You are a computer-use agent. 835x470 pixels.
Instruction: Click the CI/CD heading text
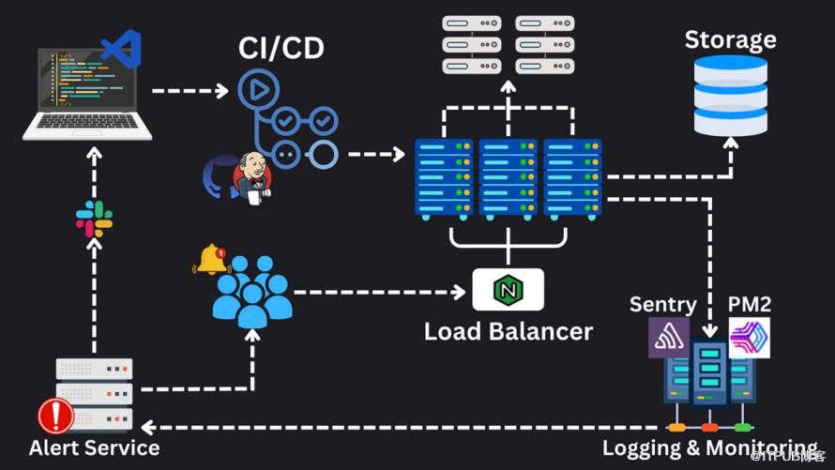[281, 46]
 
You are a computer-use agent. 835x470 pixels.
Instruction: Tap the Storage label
[730, 39]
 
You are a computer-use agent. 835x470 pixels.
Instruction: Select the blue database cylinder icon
[730, 95]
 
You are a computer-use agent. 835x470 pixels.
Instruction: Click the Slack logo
[94, 219]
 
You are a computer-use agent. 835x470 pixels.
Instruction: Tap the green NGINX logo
[508, 290]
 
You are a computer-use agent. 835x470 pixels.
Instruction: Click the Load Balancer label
[508, 331]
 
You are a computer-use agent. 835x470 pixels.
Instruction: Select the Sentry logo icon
[669, 337]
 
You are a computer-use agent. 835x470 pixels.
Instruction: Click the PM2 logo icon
[749, 338]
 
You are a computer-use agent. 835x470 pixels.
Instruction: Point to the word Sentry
[662, 304]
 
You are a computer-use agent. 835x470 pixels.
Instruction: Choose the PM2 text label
[749, 304]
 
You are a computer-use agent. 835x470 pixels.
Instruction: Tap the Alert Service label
[94, 447]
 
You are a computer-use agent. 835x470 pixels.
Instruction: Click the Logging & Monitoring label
[709, 447]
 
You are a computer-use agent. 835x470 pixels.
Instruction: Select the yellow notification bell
[212, 259]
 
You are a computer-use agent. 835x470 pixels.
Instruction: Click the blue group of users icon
[251, 290]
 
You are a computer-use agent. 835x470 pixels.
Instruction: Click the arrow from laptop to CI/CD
[190, 91]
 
